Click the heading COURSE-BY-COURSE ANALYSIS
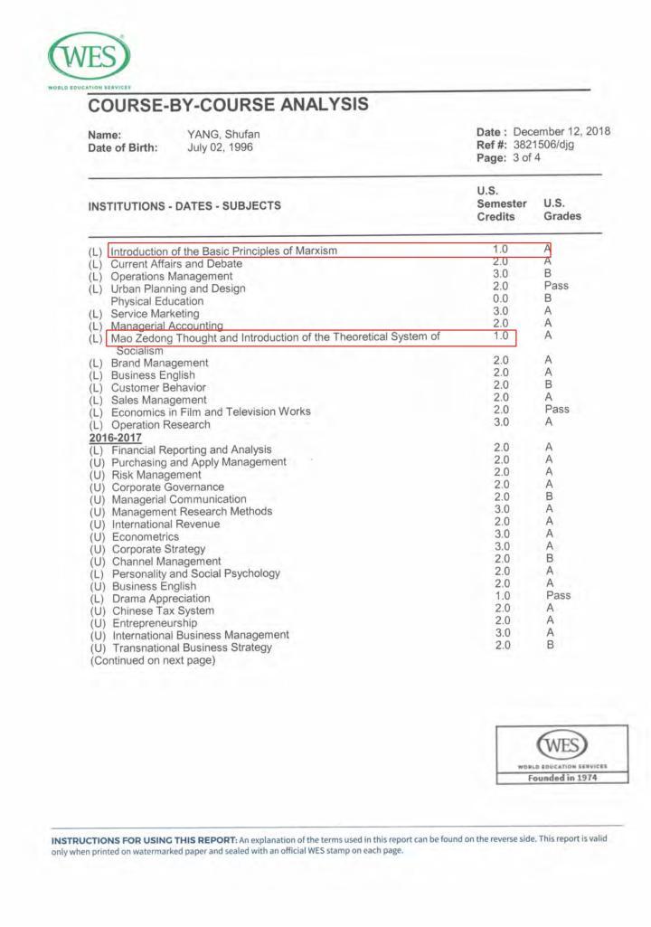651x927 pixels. [x=228, y=105]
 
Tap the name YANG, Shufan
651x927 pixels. [x=223, y=135]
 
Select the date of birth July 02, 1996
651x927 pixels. [x=220, y=147]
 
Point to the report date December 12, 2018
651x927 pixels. [x=561, y=131]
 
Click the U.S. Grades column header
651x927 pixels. [x=561, y=210]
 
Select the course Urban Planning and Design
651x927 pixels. [x=177, y=289]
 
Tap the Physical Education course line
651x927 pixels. [x=156, y=301]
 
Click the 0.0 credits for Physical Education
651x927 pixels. [x=500, y=298]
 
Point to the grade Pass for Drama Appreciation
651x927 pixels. [x=558, y=596]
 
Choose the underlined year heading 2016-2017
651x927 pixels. [x=115, y=438]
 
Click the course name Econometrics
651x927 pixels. [x=145, y=536]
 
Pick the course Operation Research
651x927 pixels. [x=160, y=424]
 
